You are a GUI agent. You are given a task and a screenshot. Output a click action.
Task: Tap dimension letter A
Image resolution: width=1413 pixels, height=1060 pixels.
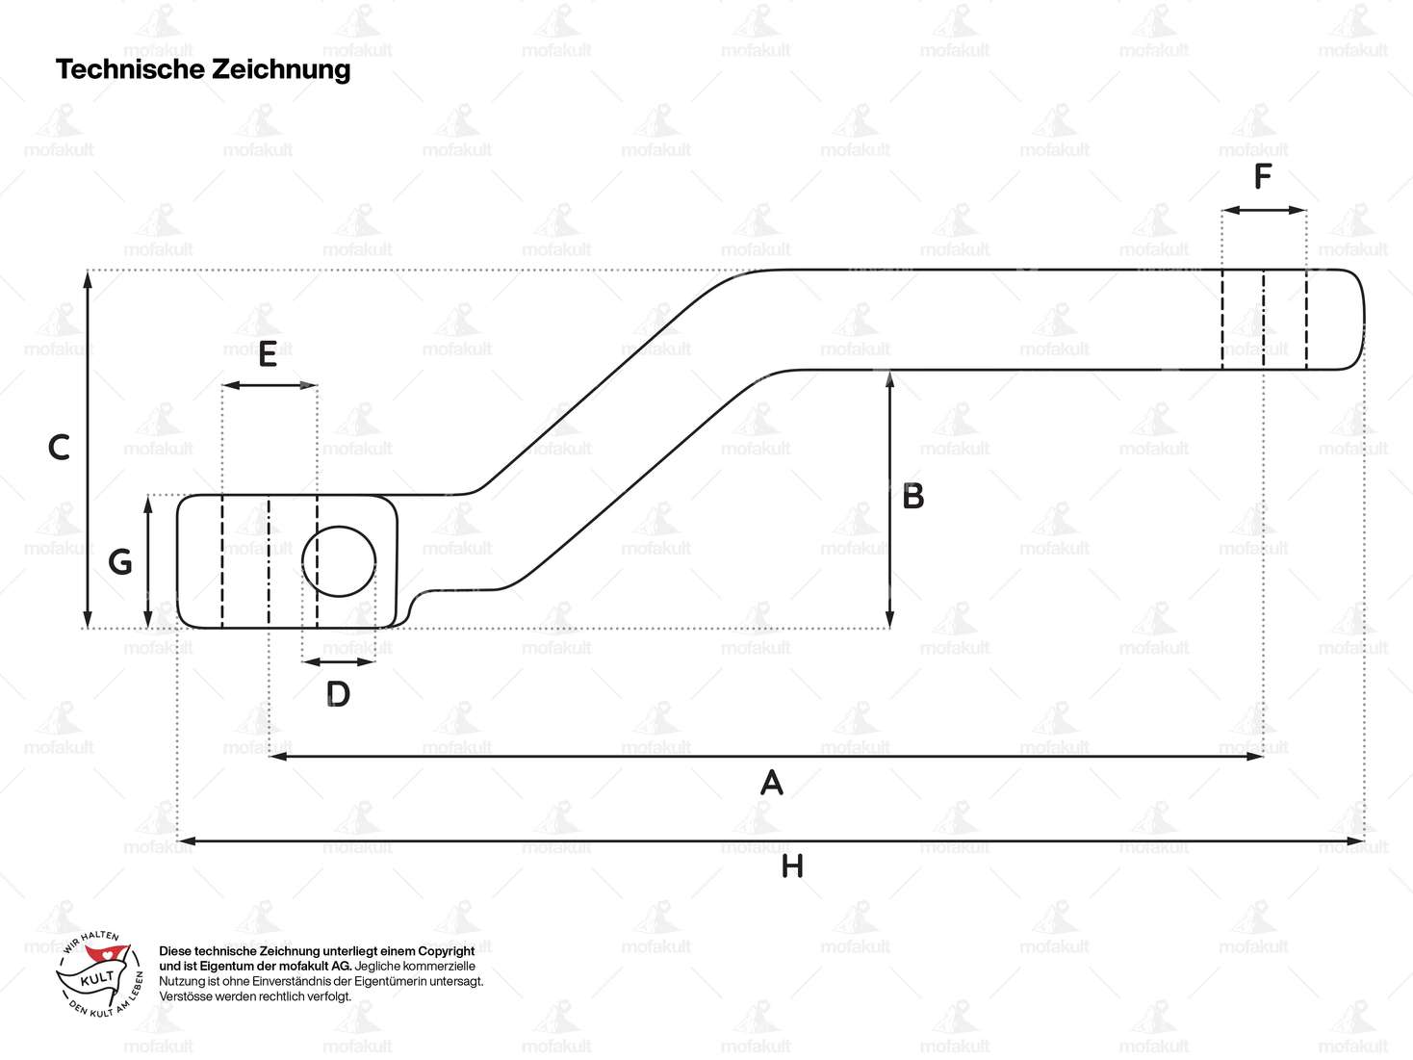tap(771, 784)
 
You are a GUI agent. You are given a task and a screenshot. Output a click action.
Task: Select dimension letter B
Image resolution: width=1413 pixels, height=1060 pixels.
tap(912, 497)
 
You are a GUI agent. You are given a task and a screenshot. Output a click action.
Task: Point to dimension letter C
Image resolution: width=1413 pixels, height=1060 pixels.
tap(59, 448)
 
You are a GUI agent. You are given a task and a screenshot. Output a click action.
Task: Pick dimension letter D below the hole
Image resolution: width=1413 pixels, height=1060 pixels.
tap(338, 694)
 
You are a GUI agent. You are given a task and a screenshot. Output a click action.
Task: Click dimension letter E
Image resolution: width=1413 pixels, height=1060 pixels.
tap(268, 354)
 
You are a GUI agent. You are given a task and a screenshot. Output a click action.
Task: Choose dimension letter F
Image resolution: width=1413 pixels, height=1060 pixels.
tap(1263, 177)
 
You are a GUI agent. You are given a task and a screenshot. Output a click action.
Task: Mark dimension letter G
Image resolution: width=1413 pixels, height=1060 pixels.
tap(120, 562)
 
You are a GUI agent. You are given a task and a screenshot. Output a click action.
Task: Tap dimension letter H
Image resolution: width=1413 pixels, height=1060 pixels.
tap(792, 867)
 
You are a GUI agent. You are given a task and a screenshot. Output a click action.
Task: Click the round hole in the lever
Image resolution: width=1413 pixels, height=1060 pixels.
tap(339, 561)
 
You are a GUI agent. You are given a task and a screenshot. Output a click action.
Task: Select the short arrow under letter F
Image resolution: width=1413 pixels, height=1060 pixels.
tap(1264, 210)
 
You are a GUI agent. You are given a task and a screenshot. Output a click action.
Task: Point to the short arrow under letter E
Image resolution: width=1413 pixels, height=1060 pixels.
tap(270, 385)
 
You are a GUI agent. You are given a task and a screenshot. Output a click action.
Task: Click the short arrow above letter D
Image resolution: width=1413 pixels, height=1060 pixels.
tap(338, 661)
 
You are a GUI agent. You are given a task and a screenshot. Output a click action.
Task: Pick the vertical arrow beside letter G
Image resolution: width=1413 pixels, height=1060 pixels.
tap(148, 561)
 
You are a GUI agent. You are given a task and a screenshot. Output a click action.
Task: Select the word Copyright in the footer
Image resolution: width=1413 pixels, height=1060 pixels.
tap(446, 951)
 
